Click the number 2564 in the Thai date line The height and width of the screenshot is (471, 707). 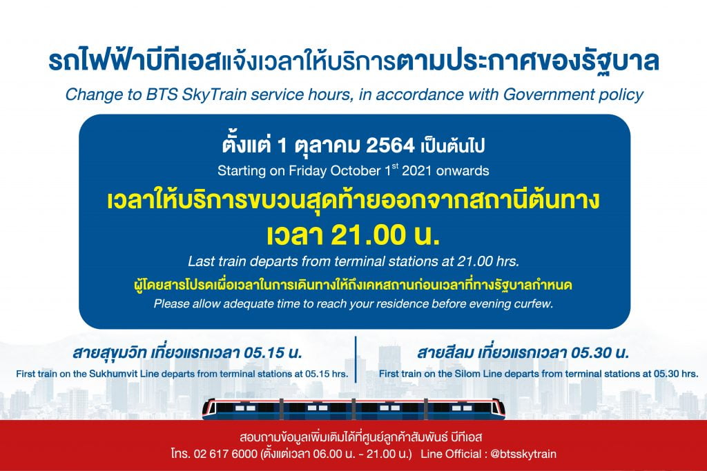(x=390, y=146)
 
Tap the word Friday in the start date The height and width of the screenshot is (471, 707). (x=307, y=171)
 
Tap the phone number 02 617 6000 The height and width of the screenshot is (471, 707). (x=226, y=454)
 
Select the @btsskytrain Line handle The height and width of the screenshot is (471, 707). (x=523, y=454)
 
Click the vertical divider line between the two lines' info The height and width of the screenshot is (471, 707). (x=356, y=359)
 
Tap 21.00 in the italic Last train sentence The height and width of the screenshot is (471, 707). (x=473, y=261)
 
